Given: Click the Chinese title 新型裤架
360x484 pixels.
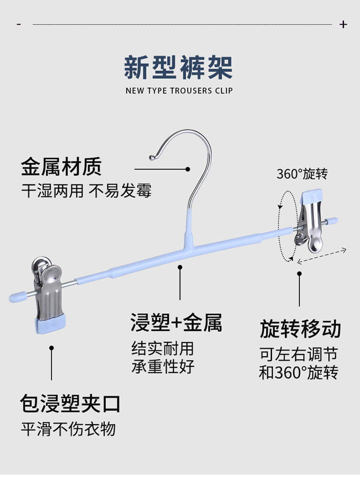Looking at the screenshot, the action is pos(178,67).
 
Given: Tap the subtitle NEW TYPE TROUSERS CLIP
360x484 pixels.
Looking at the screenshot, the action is pos(179,91).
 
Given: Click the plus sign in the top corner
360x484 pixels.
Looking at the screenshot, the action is pos(343,24).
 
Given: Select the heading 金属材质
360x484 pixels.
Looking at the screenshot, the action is pos(61,167).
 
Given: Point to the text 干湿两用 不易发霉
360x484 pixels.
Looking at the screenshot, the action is pos(86,191).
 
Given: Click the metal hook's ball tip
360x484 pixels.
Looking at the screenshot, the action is pos(152,157).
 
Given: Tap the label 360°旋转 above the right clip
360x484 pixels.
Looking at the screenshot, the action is pos(302,174).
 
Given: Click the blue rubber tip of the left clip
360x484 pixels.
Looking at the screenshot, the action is pos(50,324).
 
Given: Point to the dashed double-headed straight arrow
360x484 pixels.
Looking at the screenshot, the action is pos(322,256).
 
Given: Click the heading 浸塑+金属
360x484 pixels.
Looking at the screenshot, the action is pos(176,323).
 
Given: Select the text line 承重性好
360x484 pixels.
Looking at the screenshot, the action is pos(163,366).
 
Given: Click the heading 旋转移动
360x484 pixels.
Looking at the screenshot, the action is pos(300,329).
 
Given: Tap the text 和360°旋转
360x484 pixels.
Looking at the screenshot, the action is pos(299,372).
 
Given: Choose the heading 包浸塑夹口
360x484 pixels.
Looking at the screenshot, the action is pos(70,403).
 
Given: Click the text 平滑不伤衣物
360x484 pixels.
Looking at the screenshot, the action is pos(68,429).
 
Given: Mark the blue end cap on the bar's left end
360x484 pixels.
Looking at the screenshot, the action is pos(17,297).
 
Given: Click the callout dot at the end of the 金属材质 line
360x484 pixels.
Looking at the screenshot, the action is pos(188,169).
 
